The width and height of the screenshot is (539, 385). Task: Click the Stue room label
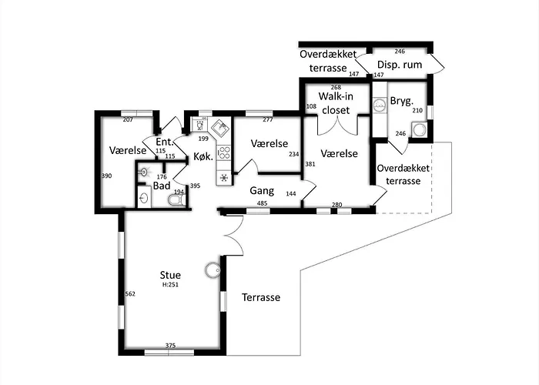(170, 275)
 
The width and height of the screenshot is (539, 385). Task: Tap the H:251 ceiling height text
(170, 285)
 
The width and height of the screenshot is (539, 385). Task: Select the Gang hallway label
(262, 191)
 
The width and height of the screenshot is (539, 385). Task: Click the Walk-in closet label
(336, 103)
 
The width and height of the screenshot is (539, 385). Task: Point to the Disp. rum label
(400, 65)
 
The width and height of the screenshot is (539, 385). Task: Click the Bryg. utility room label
(401, 102)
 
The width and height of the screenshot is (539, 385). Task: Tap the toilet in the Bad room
(176, 200)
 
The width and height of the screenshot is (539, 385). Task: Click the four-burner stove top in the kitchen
(224, 152)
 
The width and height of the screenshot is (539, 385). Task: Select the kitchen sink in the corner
(220, 129)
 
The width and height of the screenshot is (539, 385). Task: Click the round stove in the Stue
(213, 271)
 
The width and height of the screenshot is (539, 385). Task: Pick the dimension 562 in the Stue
(130, 294)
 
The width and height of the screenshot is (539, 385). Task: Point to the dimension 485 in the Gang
(263, 203)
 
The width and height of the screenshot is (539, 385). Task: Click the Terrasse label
(261, 297)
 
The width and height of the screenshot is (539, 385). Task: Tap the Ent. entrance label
(165, 142)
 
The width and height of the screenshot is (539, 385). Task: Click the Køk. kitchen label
(203, 157)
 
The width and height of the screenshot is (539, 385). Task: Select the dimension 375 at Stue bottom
(170, 346)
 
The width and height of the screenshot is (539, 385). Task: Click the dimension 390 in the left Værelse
(106, 176)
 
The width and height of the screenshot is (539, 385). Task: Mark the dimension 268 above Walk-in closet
(336, 87)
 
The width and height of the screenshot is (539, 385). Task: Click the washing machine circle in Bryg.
(419, 130)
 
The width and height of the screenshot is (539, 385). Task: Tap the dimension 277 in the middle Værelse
(268, 119)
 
